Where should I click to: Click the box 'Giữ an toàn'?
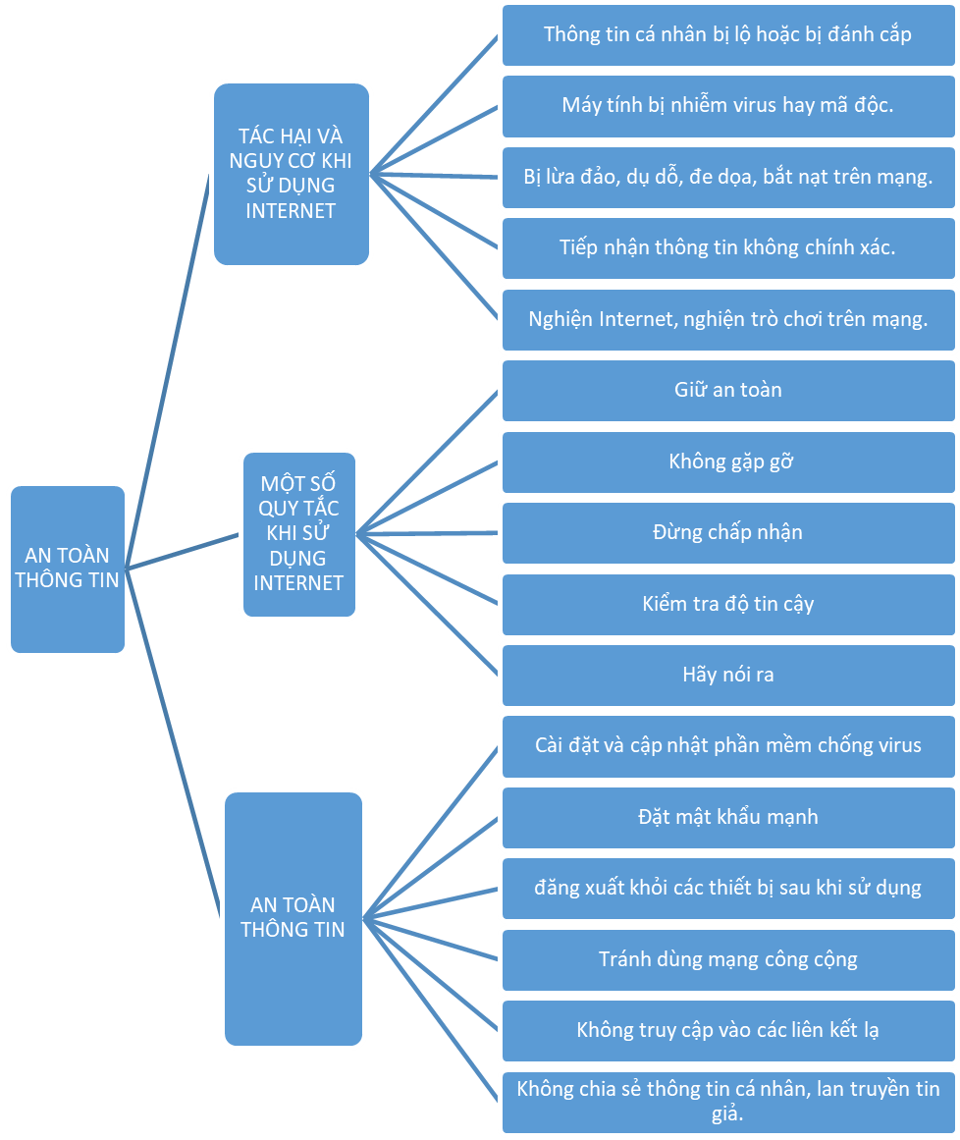click(x=728, y=391)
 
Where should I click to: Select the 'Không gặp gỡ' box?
click(x=728, y=461)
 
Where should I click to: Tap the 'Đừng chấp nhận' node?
click(x=728, y=533)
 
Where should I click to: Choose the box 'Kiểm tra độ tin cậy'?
click(x=728, y=604)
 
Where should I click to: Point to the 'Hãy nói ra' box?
click(x=728, y=676)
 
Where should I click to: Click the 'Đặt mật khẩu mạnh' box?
click(x=728, y=817)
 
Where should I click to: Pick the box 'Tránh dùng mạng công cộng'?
click(x=728, y=959)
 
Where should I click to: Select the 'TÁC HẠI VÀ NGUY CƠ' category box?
click(x=291, y=174)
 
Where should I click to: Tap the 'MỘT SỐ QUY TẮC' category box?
click(x=298, y=533)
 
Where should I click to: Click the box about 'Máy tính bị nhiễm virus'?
click(x=728, y=105)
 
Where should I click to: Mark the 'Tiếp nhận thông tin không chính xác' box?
click(x=728, y=247)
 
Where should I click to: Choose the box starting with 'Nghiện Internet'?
click(x=728, y=319)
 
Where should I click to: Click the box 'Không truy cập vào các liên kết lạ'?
click(x=728, y=1031)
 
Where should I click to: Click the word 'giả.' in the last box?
click(x=728, y=1114)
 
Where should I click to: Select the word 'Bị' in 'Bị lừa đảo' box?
click(x=534, y=177)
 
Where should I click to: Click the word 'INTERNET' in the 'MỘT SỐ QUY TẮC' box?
click(x=298, y=583)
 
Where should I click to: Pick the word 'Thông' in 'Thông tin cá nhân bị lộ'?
click(x=572, y=34)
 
